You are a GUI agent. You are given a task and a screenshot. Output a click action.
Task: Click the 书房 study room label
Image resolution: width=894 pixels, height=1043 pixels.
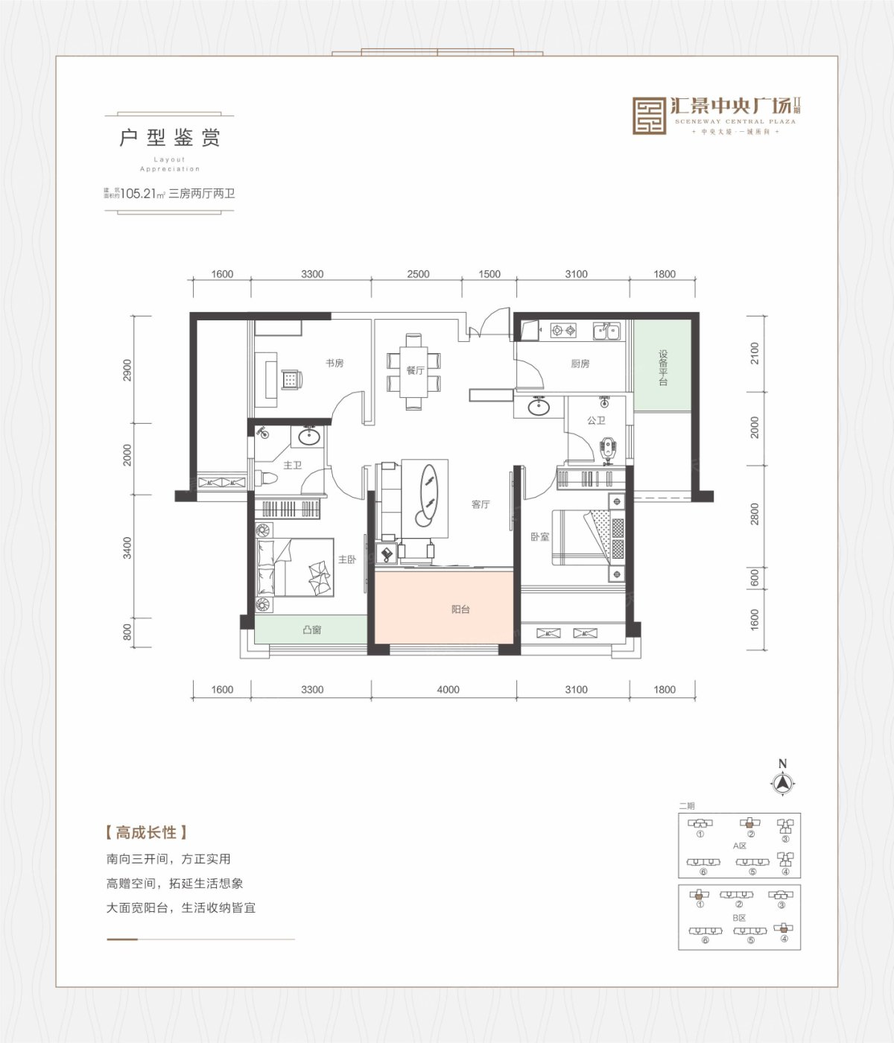coord(335,364)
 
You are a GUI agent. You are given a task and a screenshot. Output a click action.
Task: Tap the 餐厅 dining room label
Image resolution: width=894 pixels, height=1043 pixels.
coord(415,370)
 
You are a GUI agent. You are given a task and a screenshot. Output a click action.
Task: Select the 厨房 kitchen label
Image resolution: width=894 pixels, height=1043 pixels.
coord(580,364)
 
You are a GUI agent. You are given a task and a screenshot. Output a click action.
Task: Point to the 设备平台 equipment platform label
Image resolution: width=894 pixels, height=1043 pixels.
coord(662,368)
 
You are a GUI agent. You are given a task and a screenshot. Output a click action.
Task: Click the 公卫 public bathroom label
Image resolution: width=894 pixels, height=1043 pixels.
coord(596,421)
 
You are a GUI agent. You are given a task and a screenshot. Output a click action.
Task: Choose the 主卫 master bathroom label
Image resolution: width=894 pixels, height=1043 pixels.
coord(292,466)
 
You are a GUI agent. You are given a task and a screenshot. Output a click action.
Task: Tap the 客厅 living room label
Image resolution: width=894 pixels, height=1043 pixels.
coord(481,504)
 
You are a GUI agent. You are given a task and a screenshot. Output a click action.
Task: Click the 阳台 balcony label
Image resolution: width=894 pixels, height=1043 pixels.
coord(460,609)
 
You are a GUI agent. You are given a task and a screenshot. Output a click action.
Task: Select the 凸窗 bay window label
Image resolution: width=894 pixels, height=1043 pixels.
coord(311,630)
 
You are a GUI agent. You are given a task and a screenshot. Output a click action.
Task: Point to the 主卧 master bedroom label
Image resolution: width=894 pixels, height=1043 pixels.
coord(347,559)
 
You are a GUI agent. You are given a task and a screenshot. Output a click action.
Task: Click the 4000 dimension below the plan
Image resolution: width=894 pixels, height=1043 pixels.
coord(448,690)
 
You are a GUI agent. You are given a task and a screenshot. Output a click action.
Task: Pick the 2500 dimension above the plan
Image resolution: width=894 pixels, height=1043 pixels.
coord(418,274)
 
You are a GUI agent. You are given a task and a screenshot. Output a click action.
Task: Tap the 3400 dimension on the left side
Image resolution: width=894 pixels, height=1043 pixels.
coord(127,548)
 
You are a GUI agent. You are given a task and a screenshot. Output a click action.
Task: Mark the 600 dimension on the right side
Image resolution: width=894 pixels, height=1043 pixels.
coord(755,577)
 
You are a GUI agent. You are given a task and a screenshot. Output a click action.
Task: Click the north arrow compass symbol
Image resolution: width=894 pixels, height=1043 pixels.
coord(782,783)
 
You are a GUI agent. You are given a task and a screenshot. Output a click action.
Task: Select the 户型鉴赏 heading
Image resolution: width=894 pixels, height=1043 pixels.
coord(170,138)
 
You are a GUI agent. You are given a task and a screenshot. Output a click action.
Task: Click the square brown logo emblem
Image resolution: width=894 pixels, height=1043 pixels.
coord(649,116)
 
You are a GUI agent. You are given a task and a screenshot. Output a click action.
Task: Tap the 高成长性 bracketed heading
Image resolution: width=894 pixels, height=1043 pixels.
coord(146,832)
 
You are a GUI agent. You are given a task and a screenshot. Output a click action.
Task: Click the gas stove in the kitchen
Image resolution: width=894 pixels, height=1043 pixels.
coord(563,330)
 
